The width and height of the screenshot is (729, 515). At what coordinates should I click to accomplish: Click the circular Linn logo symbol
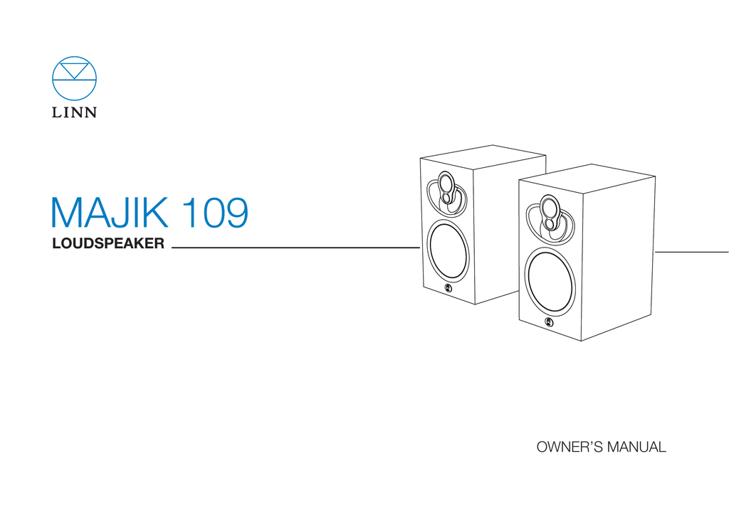(x=74, y=79)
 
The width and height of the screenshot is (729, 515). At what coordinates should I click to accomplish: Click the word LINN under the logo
(x=74, y=112)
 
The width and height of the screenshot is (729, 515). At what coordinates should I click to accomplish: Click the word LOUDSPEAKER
(x=108, y=245)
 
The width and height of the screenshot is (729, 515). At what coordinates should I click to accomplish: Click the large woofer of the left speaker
(x=449, y=250)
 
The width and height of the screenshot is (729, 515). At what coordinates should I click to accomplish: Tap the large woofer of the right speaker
(x=550, y=282)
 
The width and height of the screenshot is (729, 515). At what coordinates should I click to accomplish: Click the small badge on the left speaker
(x=448, y=288)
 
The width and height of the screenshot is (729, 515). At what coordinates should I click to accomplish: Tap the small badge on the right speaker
(x=548, y=322)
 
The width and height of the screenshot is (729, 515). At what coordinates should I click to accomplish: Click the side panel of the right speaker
(x=617, y=256)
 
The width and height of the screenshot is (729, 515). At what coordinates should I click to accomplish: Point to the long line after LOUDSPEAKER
(x=295, y=248)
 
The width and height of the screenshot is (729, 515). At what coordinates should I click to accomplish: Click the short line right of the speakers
(x=691, y=252)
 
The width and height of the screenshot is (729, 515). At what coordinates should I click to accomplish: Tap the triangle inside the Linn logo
(x=75, y=70)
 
